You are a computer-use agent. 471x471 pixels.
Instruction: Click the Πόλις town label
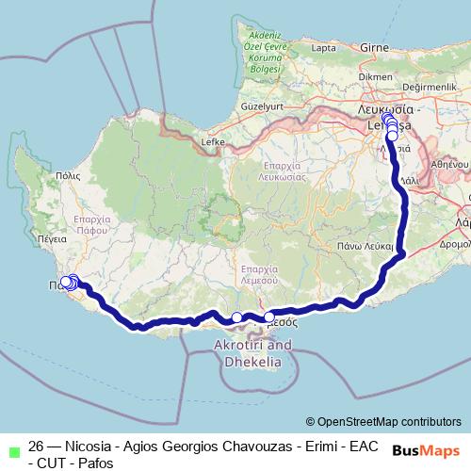(x=67, y=175)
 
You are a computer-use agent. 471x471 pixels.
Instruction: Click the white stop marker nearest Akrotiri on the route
(x=237, y=317)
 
